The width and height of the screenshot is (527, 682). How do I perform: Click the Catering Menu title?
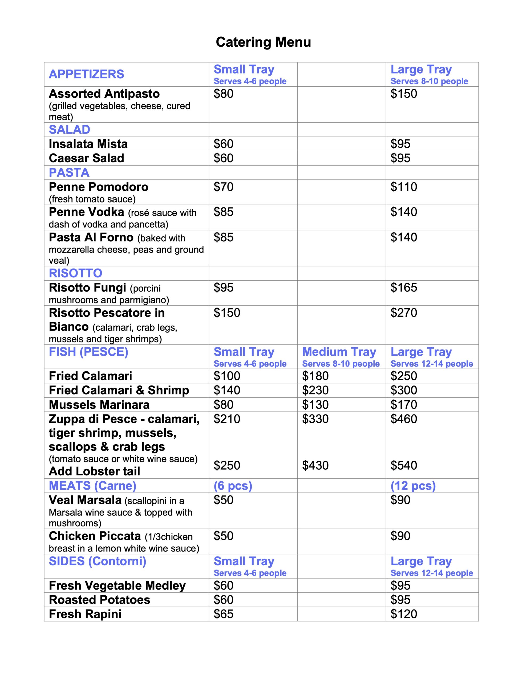click(263, 42)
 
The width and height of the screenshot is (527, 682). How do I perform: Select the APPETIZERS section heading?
click(86, 74)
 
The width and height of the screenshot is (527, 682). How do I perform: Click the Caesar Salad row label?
click(86, 158)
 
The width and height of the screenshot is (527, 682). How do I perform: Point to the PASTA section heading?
click(69, 172)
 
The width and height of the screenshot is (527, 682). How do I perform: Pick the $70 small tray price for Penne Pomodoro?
click(223, 187)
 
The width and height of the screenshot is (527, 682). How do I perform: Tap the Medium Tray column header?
click(339, 352)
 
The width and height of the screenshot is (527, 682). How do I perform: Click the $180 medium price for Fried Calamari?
click(315, 376)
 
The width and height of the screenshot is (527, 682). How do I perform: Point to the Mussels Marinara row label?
click(99, 405)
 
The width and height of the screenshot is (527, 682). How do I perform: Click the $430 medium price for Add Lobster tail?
click(315, 466)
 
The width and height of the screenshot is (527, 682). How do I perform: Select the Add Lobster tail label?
click(94, 471)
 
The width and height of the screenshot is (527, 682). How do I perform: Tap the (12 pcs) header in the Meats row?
click(413, 486)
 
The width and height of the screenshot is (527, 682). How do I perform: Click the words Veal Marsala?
click(85, 500)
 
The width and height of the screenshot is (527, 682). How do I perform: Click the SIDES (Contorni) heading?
click(98, 561)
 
